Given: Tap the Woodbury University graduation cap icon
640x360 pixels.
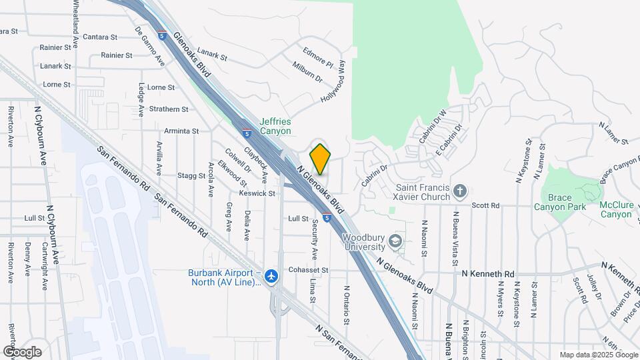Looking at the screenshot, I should click(x=396, y=241).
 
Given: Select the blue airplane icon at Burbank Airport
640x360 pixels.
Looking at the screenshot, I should click(x=271, y=276).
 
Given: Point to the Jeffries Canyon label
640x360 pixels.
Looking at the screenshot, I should click(x=275, y=126).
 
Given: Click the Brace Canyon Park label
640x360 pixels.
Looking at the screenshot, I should click(x=560, y=202).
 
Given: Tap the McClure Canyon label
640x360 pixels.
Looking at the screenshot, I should click(x=616, y=209).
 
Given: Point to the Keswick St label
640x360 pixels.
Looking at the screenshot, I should click(x=257, y=193).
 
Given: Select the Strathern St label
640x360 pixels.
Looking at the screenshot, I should click(x=168, y=109).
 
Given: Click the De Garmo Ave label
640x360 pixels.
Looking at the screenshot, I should click(x=150, y=45).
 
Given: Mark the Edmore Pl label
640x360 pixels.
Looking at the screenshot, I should click(x=317, y=57).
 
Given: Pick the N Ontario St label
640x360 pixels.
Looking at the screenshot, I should click(x=347, y=305).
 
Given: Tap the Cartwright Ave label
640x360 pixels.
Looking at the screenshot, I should click(x=45, y=266).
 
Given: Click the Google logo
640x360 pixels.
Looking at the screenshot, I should click(x=22, y=352).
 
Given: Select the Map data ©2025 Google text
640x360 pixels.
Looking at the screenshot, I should click(x=597, y=355).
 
